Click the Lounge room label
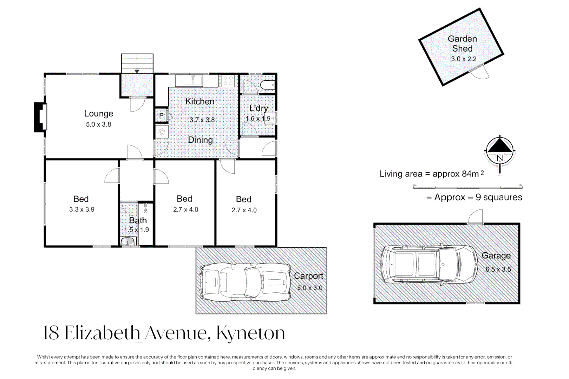(99, 114)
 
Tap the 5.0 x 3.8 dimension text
(99, 124)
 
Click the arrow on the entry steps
(137, 71)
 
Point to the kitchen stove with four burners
(228, 81)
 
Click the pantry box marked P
(162, 116)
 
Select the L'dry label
(259, 108)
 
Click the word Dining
(201, 140)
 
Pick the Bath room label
(138, 220)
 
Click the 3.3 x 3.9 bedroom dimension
(82, 210)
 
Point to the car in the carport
(246, 282)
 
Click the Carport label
(309, 276)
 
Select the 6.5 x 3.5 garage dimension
(498, 270)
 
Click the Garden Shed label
(462, 44)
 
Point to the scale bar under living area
(468, 187)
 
